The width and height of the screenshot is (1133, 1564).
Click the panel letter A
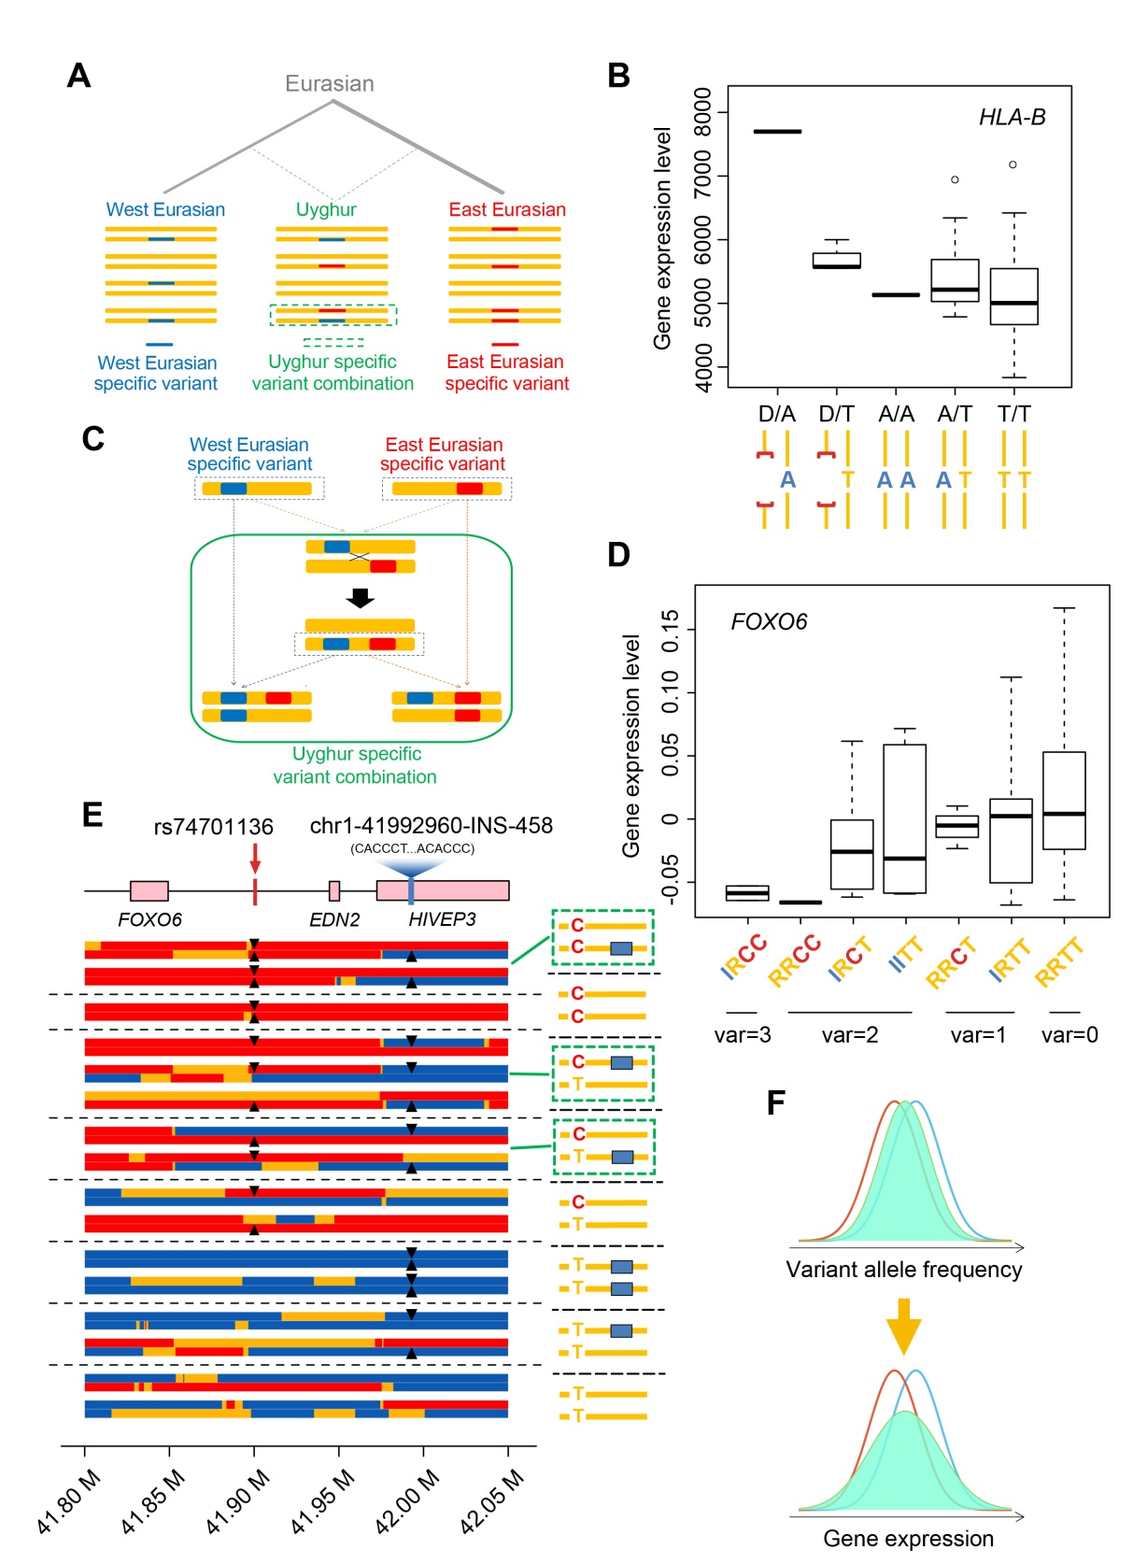[79, 76]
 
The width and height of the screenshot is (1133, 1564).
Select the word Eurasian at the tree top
[330, 84]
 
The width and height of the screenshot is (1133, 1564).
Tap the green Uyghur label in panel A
[326, 209]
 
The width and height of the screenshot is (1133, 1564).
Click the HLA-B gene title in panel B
[1012, 118]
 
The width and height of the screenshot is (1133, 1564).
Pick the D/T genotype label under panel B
[836, 414]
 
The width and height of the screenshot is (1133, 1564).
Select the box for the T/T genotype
[1013, 297]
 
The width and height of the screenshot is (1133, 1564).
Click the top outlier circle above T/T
[1013, 165]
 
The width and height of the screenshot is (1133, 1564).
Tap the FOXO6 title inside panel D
[769, 622]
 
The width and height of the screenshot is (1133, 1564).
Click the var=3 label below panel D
[743, 1035]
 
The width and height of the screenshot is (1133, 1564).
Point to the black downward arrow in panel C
[360, 598]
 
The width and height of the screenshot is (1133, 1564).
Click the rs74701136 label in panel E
[214, 827]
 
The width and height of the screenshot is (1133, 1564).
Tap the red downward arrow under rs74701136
[255, 858]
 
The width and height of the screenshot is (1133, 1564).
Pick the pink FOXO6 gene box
[149, 890]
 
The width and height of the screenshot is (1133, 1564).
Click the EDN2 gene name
[334, 920]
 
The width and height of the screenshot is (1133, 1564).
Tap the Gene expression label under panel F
[908, 1539]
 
